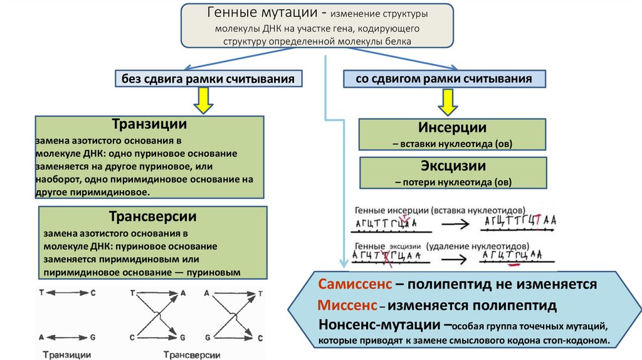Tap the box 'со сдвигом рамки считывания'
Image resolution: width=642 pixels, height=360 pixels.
[x=444, y=79]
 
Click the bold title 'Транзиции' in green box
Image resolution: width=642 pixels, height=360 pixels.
[x=149, y=125]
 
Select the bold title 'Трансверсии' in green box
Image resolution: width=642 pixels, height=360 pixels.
[x=153, y=217]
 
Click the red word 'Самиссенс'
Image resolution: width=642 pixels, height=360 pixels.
[x=355, y=284]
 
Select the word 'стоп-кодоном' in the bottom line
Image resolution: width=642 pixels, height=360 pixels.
[x=576, y=341]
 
